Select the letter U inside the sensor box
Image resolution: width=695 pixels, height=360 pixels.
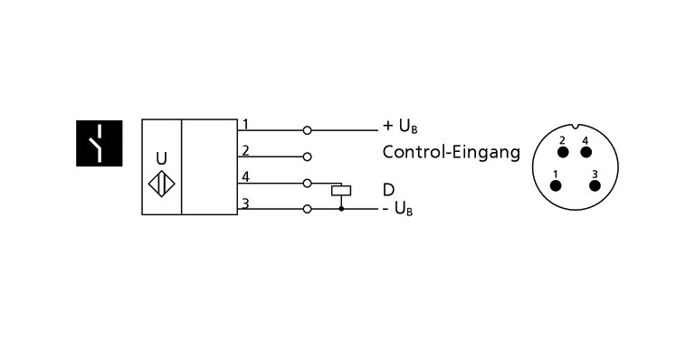161,158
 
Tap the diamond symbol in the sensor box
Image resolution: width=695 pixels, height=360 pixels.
161,181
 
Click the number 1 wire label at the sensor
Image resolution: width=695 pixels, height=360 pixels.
245,124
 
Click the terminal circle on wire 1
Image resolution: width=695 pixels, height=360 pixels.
308,130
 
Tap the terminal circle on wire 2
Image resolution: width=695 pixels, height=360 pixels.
308,156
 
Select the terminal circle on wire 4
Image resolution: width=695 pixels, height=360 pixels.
308,183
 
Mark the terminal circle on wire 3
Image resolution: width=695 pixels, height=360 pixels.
308,209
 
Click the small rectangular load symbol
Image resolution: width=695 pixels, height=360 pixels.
341,191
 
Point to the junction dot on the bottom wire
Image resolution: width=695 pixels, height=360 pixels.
341,209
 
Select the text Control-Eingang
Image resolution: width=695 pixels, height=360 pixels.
451,153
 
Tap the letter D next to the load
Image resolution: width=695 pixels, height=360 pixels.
388,190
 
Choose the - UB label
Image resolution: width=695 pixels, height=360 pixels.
398,211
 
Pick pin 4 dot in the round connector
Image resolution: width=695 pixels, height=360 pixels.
586,151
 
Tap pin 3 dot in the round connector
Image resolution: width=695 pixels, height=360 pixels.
595,185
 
